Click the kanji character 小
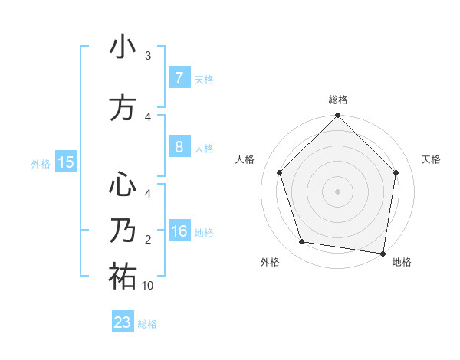click(x=123, y=48)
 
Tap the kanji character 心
click(x=123, y=185)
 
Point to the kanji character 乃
click(x=123, y=231)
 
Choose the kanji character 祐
click(x=123, y=277)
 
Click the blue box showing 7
click(x=179, y=78)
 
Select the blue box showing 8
click(x=179, y=147)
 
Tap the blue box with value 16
click(x=179, y=231)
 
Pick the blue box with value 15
click(x=66, y=162)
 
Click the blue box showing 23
click(x=122, y=322)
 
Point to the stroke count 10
click(x=148, y=286)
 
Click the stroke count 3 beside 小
click(x=148, y=55)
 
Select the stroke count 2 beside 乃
click(x=148, y=240)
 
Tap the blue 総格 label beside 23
click(x=147, y=324)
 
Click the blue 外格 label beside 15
click(x=41, y=163)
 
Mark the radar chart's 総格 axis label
click(x=338, y=100)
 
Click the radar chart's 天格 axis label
click(x=432, y=159)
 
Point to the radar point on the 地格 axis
click(x=383, y=253)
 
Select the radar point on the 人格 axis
click(x=279, y=172)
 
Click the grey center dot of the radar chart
click(x=337, y=191)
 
